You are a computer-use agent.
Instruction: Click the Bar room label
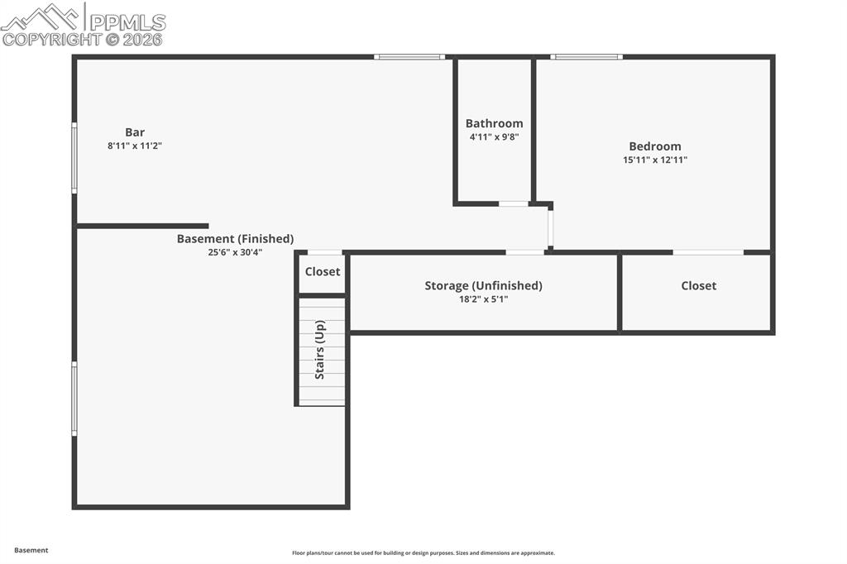pos(135,132)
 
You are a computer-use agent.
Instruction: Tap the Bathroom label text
pos(494,124)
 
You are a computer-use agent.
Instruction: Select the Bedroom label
pos(655,146)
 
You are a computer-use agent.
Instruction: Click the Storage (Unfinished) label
pos(483,286)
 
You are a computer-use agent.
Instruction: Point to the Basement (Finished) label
pos(235,239)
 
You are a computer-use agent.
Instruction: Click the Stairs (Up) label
pos(320,350)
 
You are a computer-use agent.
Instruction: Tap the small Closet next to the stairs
pos(322,272)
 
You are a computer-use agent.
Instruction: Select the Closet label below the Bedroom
pos(698,286)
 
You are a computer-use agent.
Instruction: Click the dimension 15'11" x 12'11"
pos(655,160)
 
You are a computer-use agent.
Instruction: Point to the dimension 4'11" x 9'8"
pos(494,137)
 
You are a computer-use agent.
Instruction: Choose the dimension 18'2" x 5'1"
pos(483,299)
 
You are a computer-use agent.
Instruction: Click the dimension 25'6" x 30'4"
pos(235,252)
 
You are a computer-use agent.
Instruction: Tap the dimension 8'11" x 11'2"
pos(135,146)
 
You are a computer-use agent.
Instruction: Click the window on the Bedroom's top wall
pos(586,57)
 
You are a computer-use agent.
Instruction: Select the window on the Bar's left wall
pos(74,158)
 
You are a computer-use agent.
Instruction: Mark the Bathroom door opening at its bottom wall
pos(514,203)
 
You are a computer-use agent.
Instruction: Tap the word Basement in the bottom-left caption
pos(31,550)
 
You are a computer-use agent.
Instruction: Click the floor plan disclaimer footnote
pos(423,553)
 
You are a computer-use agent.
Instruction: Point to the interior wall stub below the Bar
pos(142,226)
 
